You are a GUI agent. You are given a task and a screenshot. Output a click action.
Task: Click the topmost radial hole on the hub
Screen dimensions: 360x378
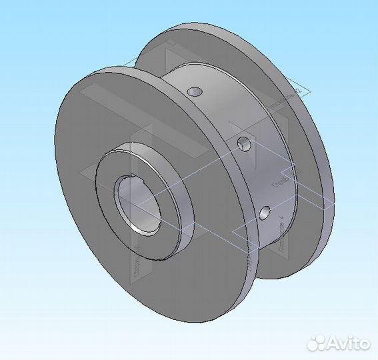[x=194, y=90]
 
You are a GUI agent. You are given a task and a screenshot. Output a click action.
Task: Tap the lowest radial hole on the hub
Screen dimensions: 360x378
[x=265, y=213]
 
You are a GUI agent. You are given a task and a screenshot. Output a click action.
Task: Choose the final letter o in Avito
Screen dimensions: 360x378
[x=364, y=344]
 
